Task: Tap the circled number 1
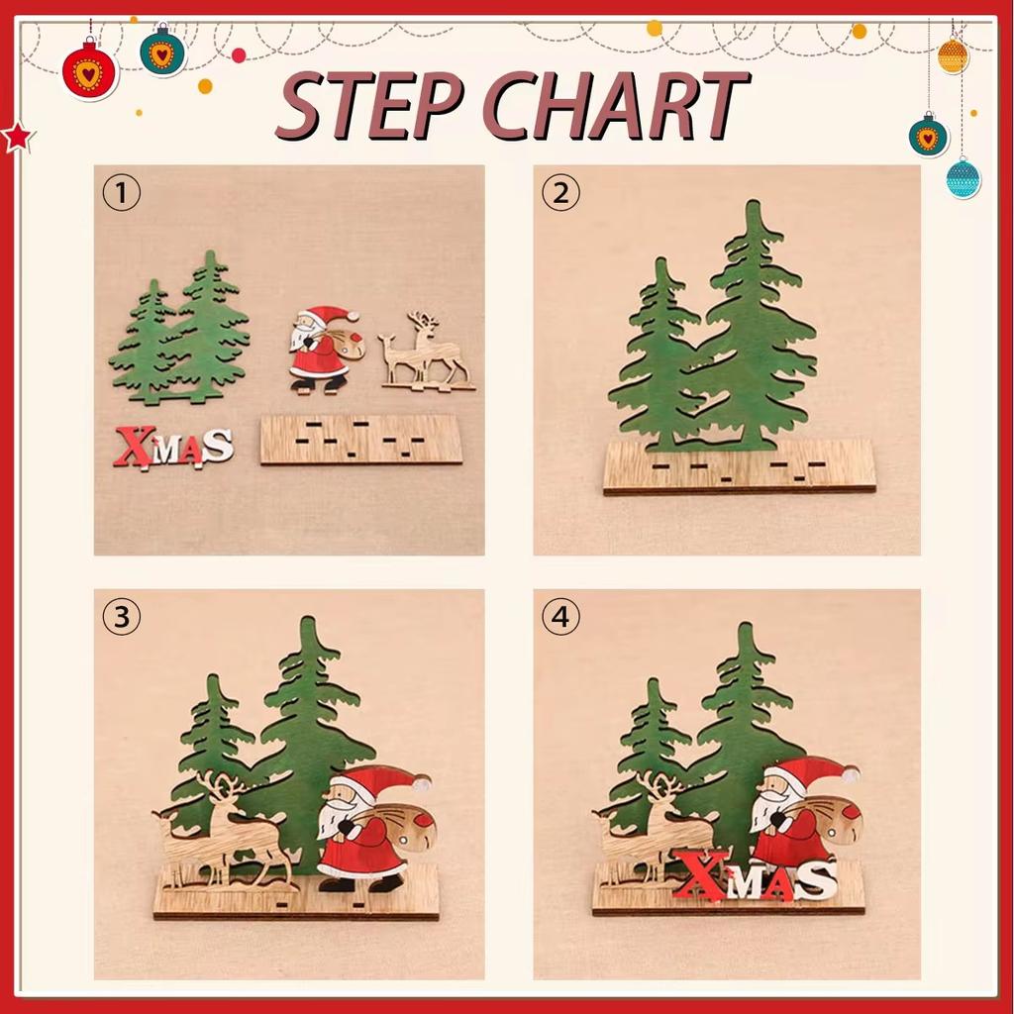pos(122,193)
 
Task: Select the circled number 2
pos(560,193)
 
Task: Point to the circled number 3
pos(122,618)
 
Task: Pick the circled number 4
pos(560,618)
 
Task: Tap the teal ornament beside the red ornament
pos(162,52)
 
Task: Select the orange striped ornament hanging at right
pos(953,55)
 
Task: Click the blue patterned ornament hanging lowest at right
pos(963,179)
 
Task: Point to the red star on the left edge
pos(17,138)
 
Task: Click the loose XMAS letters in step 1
pos(173,447)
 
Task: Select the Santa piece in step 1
pos(322,350)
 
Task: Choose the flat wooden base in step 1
pos(361,440)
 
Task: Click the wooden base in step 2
pos(740,469)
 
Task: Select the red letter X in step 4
pos(702,876)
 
